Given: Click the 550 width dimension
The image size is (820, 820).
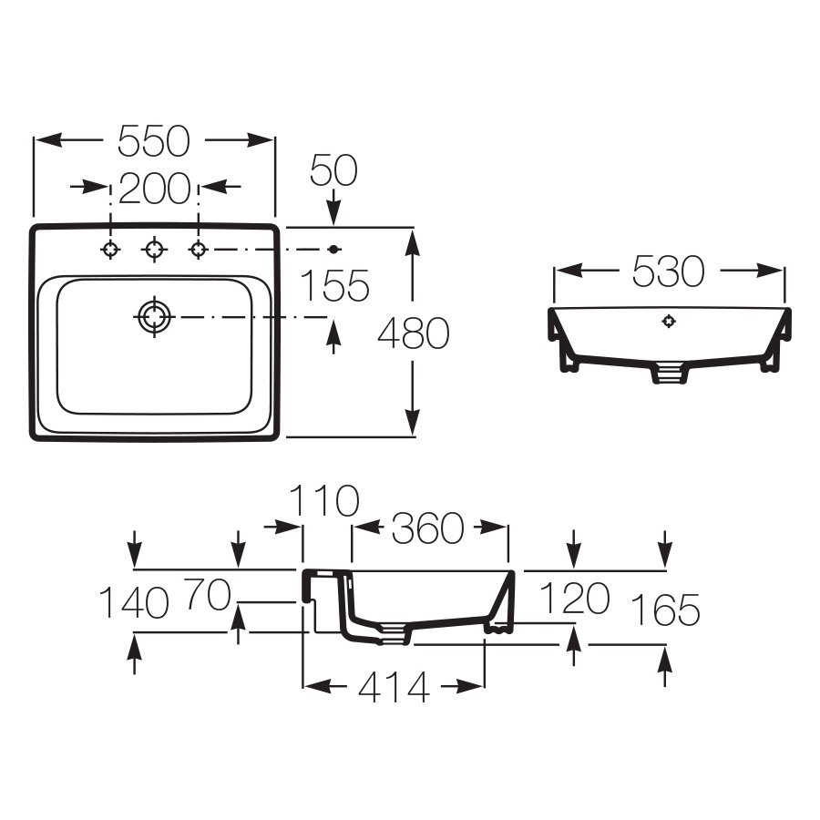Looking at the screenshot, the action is (154, 141).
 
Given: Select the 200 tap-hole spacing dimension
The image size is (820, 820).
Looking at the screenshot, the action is (155, 189).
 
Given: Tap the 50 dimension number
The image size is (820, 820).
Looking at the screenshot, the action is (333, 170).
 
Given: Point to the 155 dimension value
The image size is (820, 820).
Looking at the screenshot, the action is (334, 285).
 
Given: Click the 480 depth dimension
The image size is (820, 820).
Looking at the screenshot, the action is (414, 333).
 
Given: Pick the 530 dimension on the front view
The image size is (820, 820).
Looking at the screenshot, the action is (669, 271).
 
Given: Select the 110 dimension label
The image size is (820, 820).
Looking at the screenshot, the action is (324, 500).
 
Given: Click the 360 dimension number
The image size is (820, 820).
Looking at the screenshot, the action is (428, 528).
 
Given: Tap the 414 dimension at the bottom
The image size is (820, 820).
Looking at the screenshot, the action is (395, 687).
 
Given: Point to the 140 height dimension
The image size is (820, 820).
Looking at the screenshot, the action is (134, 602).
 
